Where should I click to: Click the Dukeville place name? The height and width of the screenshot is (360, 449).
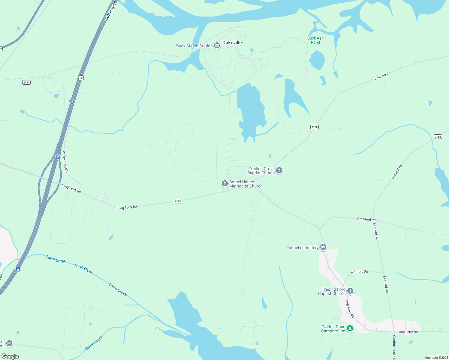click(232, 43)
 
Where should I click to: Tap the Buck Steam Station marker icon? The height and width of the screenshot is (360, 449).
click(217, 46)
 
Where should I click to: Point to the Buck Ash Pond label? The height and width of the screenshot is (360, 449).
click(315, 40)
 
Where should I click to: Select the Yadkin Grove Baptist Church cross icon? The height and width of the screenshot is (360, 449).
click(279, 170)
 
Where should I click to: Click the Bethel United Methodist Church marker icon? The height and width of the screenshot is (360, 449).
click(224, 183)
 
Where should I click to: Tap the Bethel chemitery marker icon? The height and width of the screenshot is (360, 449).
click(323, 247)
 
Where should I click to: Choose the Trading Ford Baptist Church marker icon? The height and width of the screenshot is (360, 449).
click(350, 291)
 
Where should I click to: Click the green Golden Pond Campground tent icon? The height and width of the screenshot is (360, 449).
click(350, 328)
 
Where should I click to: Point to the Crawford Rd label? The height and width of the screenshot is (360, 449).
click(366, 219)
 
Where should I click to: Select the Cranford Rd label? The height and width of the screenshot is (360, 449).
click(359, 271)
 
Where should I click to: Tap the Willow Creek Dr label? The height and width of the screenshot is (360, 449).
click(65, 162)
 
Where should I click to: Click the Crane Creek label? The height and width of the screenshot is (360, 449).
click(94, 343)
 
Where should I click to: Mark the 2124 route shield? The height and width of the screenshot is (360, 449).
click(26, 82)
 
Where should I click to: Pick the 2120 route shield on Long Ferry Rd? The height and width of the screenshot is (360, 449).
click(178, 201)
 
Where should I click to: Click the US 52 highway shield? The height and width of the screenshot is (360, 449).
click(81, 78)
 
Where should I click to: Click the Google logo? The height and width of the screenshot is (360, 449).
click(10, 356)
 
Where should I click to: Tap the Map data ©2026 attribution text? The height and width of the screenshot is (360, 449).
click(436, 358)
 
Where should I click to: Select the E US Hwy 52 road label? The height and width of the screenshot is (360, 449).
click(110, 11)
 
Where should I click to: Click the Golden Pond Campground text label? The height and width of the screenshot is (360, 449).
click(333, 329)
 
